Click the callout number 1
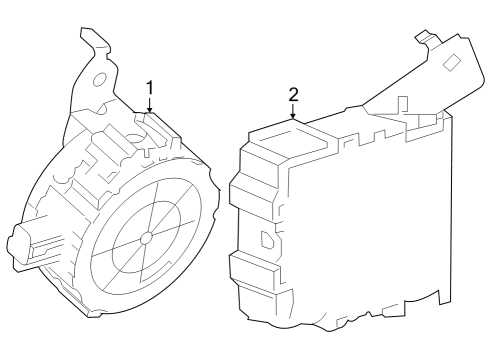150,89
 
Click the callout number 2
293,95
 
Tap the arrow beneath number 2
293,113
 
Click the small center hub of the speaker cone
146,238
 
